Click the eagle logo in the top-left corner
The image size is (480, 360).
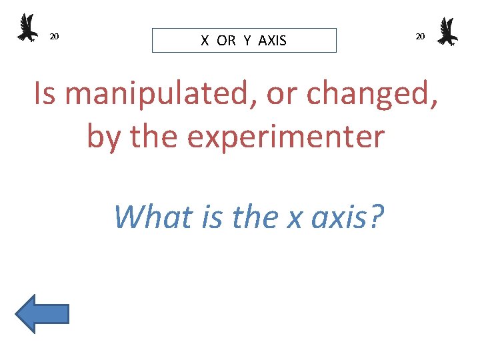point(27,28)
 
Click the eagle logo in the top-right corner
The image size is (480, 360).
point(447,31)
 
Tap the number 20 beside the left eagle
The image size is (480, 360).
point(55,36)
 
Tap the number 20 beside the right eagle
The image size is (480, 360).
point(420,36)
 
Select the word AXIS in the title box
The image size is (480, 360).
point(272,41)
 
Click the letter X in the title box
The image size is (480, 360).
point(205,41)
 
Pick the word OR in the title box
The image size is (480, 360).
point(226,41)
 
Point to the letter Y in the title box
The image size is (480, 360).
point(247,41)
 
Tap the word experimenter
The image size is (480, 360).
point(285,137)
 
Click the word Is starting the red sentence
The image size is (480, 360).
point(45,95)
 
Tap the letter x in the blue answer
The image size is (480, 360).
point(294,217)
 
